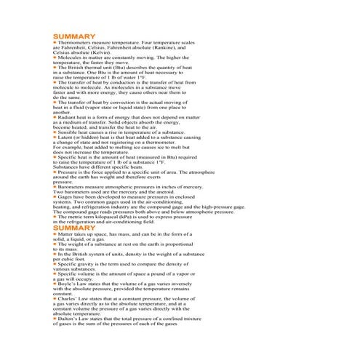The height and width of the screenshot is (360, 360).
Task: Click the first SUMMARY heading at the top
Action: pyautogui.click(x=73, y=36)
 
